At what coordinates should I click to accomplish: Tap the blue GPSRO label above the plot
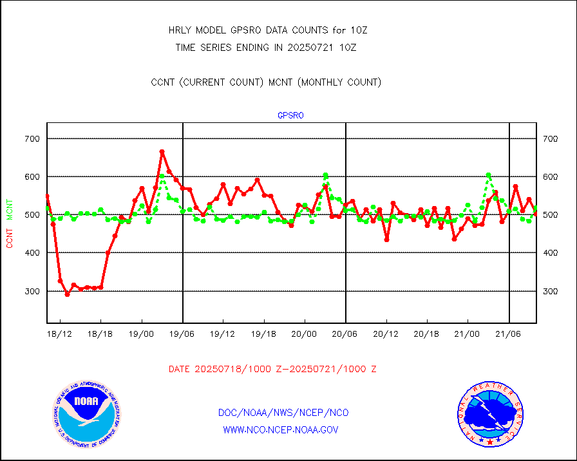(x=290, y=116)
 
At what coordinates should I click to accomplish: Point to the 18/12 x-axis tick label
(x=60, y=335)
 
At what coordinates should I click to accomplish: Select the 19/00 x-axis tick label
(x=142, y=335)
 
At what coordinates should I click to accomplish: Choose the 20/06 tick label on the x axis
(x=346, y=335)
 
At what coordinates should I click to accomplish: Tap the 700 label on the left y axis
(x=33, y=139)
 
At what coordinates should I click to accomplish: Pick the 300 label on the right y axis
(x=550, y=292)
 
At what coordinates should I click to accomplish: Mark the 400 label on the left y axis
(x=33, y=253)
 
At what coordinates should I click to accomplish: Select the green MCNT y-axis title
(x=10, y=207)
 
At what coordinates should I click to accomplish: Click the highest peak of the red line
(x=162, y=152)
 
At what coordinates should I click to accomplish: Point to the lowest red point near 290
(x=67, y=295)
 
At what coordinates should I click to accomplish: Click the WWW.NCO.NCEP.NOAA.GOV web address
(x=281, y=430)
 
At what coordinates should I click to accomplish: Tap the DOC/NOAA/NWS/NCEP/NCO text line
(x=284, y=413)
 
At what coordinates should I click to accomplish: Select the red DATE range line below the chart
(x=272, y=370)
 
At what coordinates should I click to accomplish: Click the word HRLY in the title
(x=178, y=30)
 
